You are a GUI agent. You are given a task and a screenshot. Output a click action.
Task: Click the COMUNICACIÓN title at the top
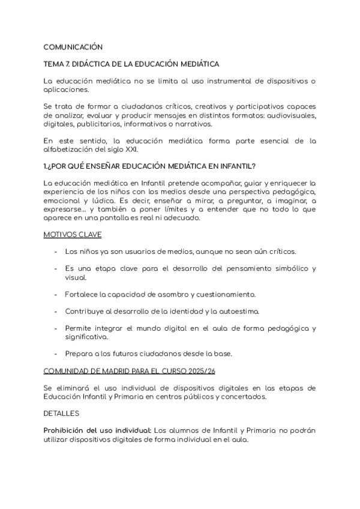[x=73, y=47]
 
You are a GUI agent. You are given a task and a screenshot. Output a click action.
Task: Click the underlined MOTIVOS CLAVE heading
[x=73, y=235]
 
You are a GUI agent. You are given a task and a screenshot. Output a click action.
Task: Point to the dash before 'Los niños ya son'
[x=56, y=251]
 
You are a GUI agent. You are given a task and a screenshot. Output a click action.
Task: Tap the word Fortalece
[x=82, y=294]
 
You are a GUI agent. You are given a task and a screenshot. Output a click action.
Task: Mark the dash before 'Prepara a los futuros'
[x=56, y=354]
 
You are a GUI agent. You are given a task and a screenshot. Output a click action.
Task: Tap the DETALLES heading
[x=61, y=414]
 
